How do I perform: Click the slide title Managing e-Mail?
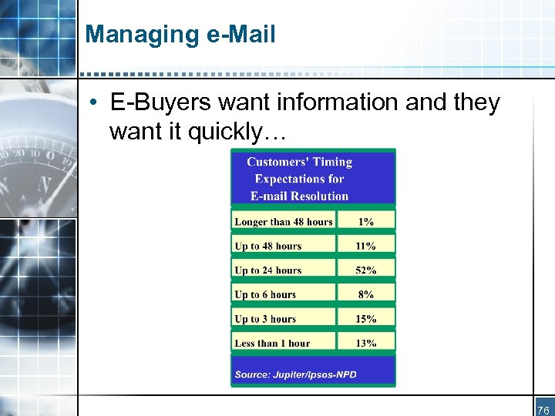[180, 35]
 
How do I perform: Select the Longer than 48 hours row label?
[284, 222]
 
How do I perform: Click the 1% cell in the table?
[366, 222]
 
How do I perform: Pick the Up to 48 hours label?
[268, 247]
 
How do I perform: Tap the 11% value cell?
[366, 247]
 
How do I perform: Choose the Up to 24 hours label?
[268, 270]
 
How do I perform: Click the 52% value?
[366, 270]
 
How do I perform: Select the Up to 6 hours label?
[265, 294]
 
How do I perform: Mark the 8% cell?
[366, 294]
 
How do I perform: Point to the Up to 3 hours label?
[265, 319]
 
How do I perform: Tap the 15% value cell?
[366, 319]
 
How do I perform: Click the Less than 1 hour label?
[272, 344]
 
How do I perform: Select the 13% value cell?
[366, 344]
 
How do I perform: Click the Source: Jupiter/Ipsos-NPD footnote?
[295, 375]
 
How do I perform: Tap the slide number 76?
[543, 410]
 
